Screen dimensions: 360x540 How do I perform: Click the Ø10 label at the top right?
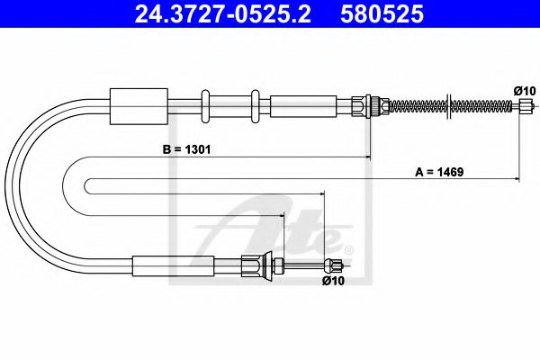coord(525,90)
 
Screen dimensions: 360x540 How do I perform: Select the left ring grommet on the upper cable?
coord(206,104)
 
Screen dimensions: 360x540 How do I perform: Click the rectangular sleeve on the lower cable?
coord(173,265)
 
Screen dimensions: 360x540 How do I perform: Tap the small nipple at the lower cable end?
coord(336,265)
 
